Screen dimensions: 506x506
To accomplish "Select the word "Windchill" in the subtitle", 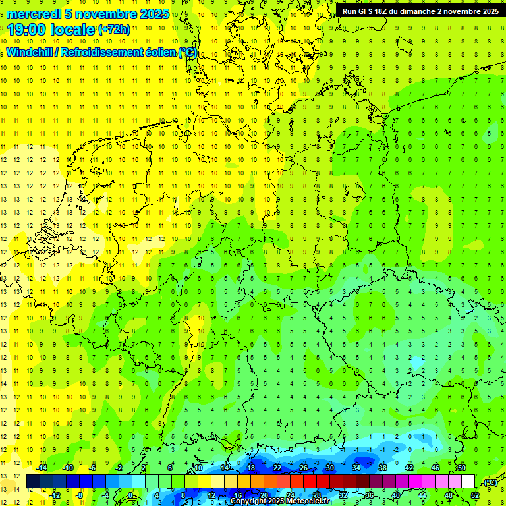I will click(30, 52).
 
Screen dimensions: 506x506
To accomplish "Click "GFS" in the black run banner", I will click(368, 11).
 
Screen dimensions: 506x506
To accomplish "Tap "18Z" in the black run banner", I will click(386, 11).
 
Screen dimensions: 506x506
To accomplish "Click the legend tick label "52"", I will click(474, 495).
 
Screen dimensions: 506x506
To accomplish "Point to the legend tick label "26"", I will click(303, 468).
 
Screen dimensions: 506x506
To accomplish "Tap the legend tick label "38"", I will click(382, 468).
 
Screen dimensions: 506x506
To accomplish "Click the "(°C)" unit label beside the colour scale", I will click(490, 482).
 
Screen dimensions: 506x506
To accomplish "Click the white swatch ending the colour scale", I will click(468, 482).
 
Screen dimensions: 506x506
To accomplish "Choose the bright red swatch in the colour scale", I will click(310, 482).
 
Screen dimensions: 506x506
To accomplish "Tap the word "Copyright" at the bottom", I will click(248, 501).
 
